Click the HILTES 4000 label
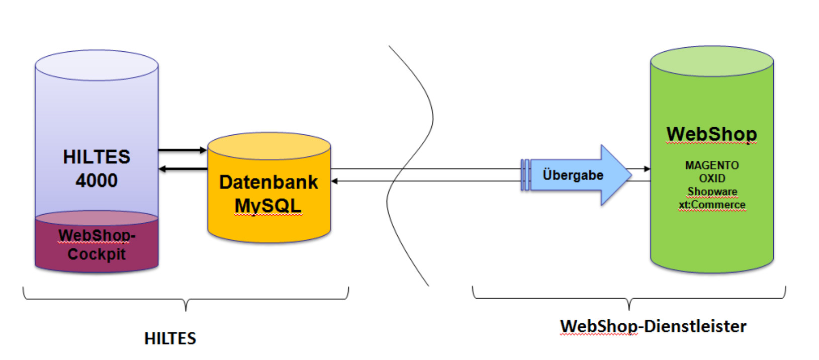tap(97, 168)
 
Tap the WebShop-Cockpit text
tap(97, 244)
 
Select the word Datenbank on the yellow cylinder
tap(268, 182)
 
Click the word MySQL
tap(268, 206)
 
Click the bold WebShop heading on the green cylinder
tap(711, 134)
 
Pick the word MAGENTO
tap(712, 165)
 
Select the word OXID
tap(712, 178)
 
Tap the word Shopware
tap(712, 192)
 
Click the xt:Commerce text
tap(712, 205)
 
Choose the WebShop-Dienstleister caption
tap(653, 326)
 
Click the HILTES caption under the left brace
tap(170, 338)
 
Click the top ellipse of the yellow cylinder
tap(269, 146)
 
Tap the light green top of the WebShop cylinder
tap(711, 62)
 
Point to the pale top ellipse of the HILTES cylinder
tap(97, 65)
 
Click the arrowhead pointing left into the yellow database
tap(334, 181)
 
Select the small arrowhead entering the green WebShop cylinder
tap(647, 169)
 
